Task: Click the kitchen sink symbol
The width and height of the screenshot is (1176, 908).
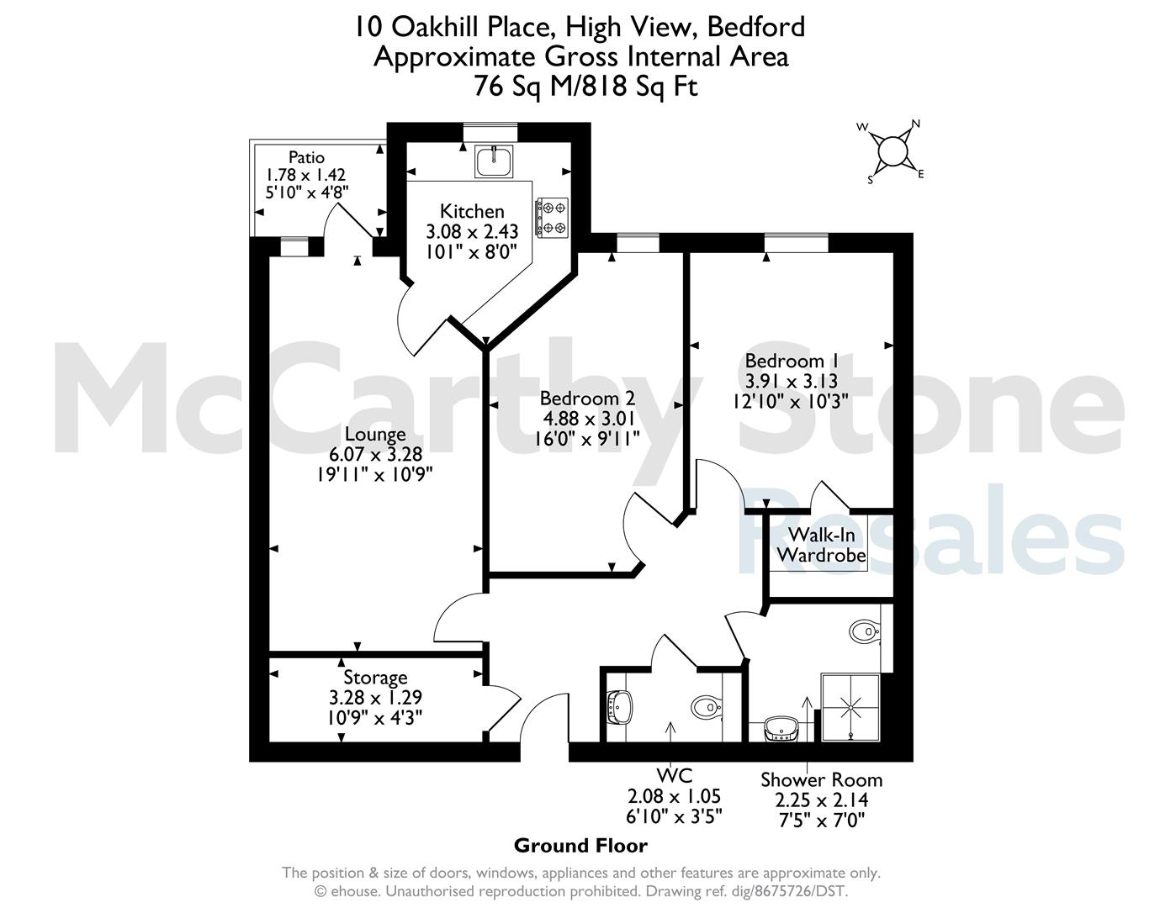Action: point(494,161)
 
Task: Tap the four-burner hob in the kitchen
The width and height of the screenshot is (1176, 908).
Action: point(552,218)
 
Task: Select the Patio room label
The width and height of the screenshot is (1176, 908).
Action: point(306,157)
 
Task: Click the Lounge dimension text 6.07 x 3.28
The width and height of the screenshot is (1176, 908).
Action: point(375,454)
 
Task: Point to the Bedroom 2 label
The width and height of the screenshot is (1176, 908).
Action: point(587,398)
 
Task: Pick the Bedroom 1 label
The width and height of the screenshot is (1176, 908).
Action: point(792,361)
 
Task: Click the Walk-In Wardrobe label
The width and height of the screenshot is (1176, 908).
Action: point(822,545)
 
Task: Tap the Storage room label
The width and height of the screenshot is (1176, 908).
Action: point(375,677)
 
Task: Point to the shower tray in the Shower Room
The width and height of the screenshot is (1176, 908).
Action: point(850,707)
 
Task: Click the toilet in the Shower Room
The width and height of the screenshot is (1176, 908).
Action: point(865,631)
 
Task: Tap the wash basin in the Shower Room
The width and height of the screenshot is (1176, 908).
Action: point(781,728)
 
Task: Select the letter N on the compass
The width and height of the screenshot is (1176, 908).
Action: point(916,124)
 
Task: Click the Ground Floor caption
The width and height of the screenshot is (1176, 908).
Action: point(580,846)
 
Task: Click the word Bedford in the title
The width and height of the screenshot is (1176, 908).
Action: point(756,27)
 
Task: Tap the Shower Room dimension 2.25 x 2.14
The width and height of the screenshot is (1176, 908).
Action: point(822,800)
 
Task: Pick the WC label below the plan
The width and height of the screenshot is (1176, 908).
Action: point(675,775)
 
